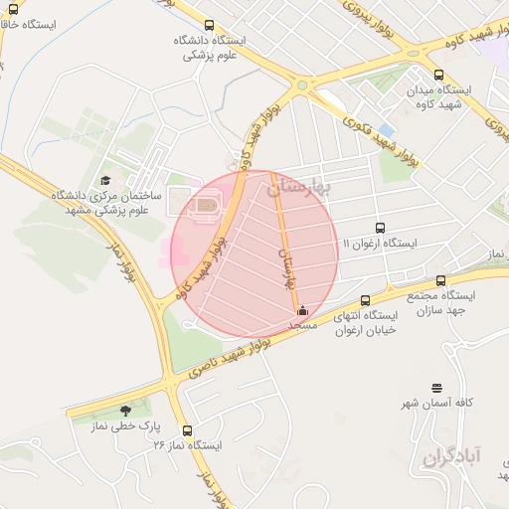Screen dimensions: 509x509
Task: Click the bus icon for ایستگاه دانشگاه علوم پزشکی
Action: click(208, 26)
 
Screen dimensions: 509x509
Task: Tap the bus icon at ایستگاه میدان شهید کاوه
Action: click(438, 74)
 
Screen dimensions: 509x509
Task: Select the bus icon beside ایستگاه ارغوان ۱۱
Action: click(380, 228)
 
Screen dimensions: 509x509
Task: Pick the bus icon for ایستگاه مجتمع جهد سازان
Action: click(440, 281)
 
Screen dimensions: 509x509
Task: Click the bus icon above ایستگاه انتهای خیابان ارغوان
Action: click(366, 300)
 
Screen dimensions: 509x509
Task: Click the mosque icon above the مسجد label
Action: click(302, 311)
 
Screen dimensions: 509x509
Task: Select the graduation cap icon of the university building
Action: click(105, 180)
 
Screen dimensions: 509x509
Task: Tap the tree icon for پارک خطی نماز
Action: click(124, 410)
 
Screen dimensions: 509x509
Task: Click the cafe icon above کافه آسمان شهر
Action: click(436, 387)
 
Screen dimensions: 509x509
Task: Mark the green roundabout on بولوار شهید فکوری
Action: click(301, 85)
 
